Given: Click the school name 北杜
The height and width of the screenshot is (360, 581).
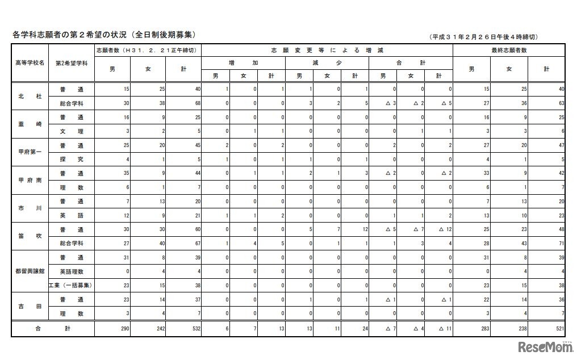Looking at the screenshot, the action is [x=31, y=97].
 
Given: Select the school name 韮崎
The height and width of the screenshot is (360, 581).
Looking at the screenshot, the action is [x=31, y=124].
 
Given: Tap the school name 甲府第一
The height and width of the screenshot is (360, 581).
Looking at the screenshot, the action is [x=31, y=152].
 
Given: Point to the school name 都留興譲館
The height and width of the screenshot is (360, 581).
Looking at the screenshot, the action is [x=31, y=270].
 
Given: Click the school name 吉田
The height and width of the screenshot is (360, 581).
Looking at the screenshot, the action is [x=31, y=305].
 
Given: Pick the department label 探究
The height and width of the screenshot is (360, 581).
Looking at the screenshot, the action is [x=72, y=159].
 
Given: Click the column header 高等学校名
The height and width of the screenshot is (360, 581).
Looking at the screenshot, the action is [x=31, y=62].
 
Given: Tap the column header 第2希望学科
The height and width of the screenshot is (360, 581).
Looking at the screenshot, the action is [x=72, y=62].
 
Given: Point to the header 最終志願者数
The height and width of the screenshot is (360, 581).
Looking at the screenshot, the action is [x=509, y=51].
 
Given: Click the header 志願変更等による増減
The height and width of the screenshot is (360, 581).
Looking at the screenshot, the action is [x=326, y=51].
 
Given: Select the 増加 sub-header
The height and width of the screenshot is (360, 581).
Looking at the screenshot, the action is [x=243, y=62].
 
